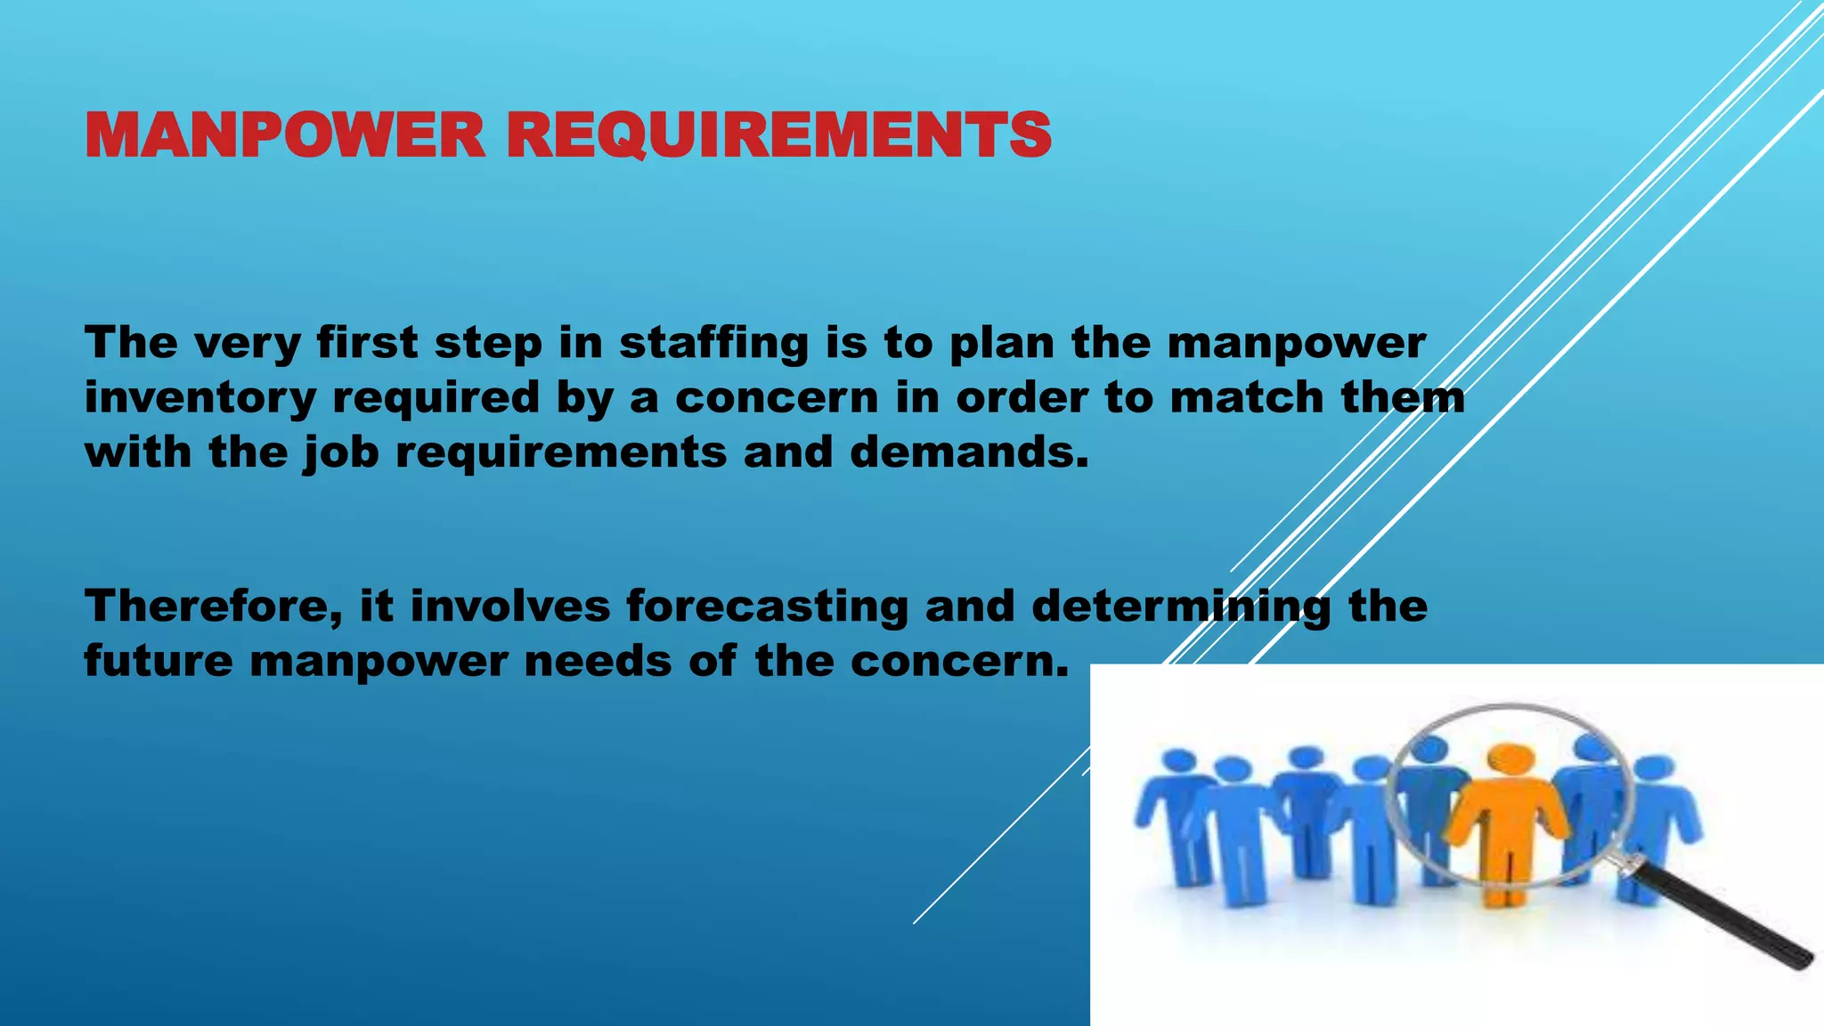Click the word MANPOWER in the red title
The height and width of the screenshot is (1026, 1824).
[284, 135]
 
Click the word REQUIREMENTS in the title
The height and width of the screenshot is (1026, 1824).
[779, 135]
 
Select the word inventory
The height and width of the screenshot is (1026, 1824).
[200, 398]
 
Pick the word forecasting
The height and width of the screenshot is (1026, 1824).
[767, 607]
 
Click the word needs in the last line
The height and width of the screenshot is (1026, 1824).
[598, 662]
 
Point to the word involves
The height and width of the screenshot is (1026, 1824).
[510, 607]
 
